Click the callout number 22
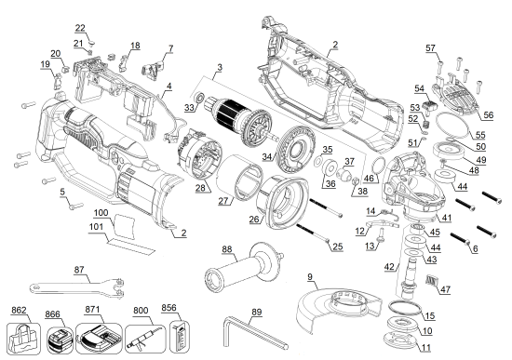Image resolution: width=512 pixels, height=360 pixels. click(80, 28)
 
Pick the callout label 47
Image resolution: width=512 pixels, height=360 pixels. click(444, 290)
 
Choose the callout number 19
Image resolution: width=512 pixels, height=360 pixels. click(45, 64)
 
